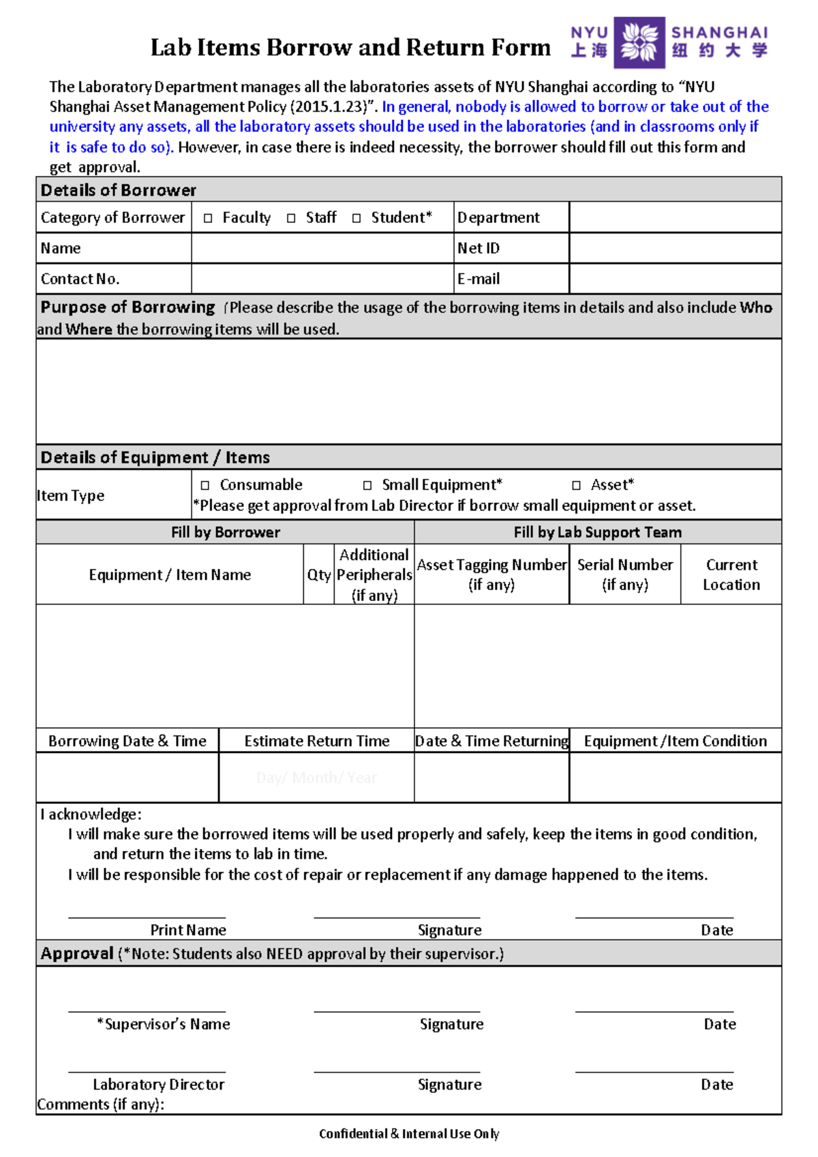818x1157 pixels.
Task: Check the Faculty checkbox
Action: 208,219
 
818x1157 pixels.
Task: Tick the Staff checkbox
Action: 291,219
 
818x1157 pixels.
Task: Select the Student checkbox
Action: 357,219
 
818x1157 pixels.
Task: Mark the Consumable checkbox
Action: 205,486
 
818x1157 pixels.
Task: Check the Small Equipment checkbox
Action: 367,486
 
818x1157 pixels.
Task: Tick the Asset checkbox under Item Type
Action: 577,486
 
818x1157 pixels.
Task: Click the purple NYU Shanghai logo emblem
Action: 639,42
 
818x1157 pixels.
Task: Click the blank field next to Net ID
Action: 675,248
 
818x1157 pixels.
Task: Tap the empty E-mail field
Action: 675,279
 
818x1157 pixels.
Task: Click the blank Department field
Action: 675,217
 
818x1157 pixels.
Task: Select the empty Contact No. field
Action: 322,279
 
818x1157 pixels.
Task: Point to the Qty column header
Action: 318,575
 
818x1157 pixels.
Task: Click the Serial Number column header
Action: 625,574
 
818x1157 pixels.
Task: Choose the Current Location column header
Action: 731,574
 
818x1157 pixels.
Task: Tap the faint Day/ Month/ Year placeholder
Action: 316,778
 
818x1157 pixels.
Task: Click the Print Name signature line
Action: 147,916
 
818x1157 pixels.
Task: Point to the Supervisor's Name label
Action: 164,1024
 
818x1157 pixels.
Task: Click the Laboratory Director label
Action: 158,1085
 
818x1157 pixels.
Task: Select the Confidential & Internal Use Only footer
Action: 409,1134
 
